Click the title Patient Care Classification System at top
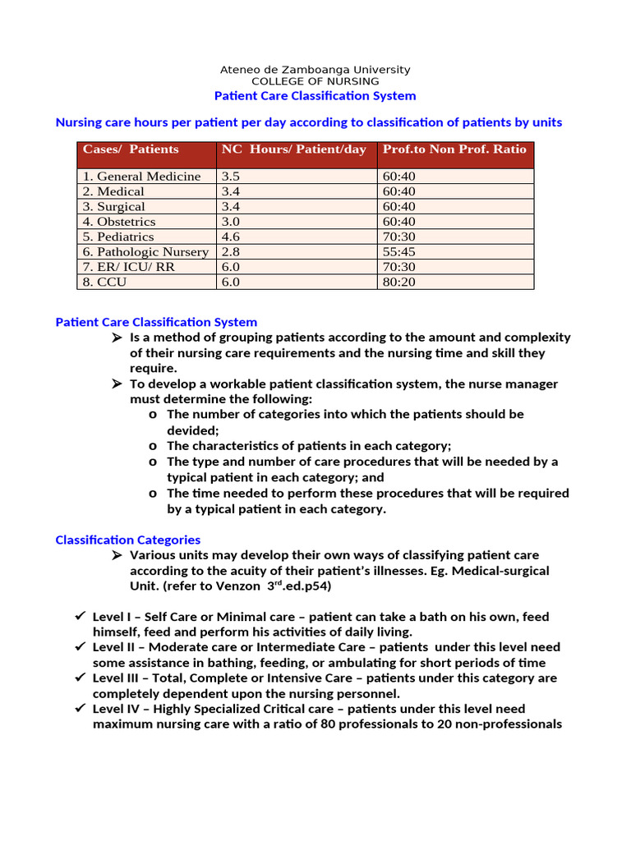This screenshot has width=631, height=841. pyautogui.click(x=315, y=96)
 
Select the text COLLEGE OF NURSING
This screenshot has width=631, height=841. pyautogui.click(x=315, y=81)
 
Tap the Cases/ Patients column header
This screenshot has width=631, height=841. pyautogui.click(x=131, y=149)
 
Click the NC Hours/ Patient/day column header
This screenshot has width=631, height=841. pyautogui.click(x=294, y=149)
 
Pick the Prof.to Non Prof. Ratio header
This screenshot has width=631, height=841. pyautogui.click(x=454, y=149)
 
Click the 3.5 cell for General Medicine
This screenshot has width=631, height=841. pyautogui.click(x=229, y=177)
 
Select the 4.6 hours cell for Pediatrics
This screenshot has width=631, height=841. pyautogui.click(x=229, y=237)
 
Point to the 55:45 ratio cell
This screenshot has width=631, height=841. pyautogui.click(x=399, y=252)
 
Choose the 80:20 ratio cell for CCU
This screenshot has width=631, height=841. pyautogui.click(x=399, y=282)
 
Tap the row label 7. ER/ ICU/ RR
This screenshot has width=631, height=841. pyautogui.click(x=128, y=267)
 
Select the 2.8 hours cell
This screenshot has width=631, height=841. pyautogui.click(x=229, y=252)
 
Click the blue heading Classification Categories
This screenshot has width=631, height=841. pyautogui.click(x=127, y=540)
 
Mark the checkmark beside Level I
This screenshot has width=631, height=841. pyautogui.click(x=80, y=616)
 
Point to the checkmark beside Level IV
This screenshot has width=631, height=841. pyautogui.click(x=80, y=708)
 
